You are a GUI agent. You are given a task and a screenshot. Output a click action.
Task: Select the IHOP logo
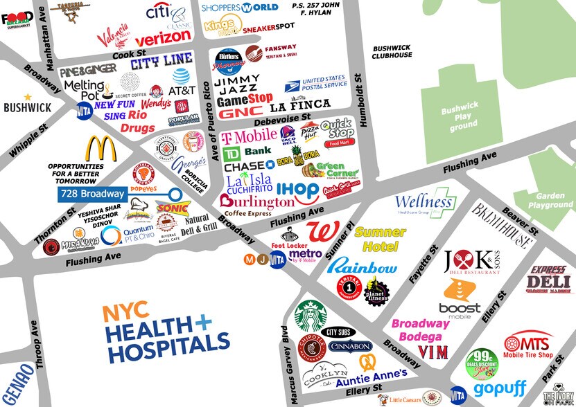(297, 190)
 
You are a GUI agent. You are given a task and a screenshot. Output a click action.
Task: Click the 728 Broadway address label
(92, 194)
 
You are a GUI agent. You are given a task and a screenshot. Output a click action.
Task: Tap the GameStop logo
(245, 99)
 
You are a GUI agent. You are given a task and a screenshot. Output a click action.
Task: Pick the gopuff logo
(497, 388)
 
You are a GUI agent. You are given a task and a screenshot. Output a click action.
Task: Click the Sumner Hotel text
(379, 239)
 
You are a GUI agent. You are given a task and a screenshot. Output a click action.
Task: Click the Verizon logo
(162, 38)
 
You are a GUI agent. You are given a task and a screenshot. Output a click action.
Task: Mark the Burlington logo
(256, 202)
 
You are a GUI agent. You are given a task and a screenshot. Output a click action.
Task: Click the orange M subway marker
(250, 260)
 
